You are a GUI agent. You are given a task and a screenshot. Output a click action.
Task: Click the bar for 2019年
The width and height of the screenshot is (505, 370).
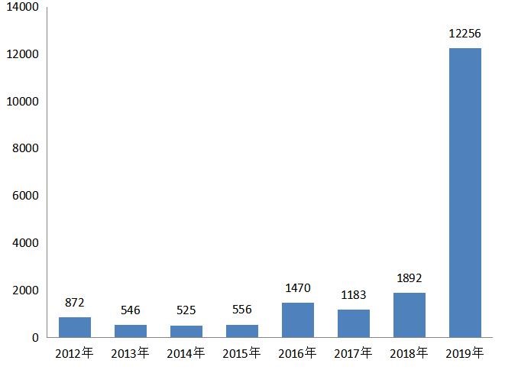point(465,193)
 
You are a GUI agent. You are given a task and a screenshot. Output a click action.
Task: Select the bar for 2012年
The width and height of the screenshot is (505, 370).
point(75,327)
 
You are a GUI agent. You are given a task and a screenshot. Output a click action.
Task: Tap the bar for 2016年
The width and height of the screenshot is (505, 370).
point(298,320)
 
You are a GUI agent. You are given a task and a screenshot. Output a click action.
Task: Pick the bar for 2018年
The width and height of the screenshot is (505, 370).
point(410,315)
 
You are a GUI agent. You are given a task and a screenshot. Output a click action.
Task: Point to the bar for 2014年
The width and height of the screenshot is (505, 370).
point(186,331)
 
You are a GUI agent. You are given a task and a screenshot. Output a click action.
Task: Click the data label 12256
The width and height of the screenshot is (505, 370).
point(465,34)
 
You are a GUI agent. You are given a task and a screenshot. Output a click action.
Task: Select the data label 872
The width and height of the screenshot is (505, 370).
point(74,302)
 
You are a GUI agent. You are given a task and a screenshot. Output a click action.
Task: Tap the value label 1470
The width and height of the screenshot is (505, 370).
point(298,287)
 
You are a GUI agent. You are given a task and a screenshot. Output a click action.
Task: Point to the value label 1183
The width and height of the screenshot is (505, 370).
point(354,295)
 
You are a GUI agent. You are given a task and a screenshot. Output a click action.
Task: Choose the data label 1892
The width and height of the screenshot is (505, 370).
point(410,277)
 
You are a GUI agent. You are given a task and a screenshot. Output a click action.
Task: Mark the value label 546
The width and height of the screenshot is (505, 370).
point(131,310)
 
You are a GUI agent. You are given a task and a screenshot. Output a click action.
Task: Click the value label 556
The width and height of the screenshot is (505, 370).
point(242,310)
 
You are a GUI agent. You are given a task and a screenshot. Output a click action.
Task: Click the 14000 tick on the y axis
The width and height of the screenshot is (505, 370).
point(23,7)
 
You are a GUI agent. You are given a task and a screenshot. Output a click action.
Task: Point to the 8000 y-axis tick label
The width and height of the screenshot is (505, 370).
point(25,148)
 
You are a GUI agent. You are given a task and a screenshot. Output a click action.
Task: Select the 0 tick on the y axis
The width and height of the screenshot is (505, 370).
point(35,338)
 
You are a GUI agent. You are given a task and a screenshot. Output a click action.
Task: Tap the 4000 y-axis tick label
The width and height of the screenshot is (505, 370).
point(25,243)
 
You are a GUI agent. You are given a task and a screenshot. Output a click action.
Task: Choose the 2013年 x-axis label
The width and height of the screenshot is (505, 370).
point(130,353)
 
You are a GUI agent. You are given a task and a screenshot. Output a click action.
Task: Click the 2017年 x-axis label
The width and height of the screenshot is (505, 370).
point(353,353)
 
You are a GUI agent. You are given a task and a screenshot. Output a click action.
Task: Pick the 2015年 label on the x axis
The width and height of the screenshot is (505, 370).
point(241,353)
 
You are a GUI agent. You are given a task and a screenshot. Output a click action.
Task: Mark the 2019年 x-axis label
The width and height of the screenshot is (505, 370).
point(465,353)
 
